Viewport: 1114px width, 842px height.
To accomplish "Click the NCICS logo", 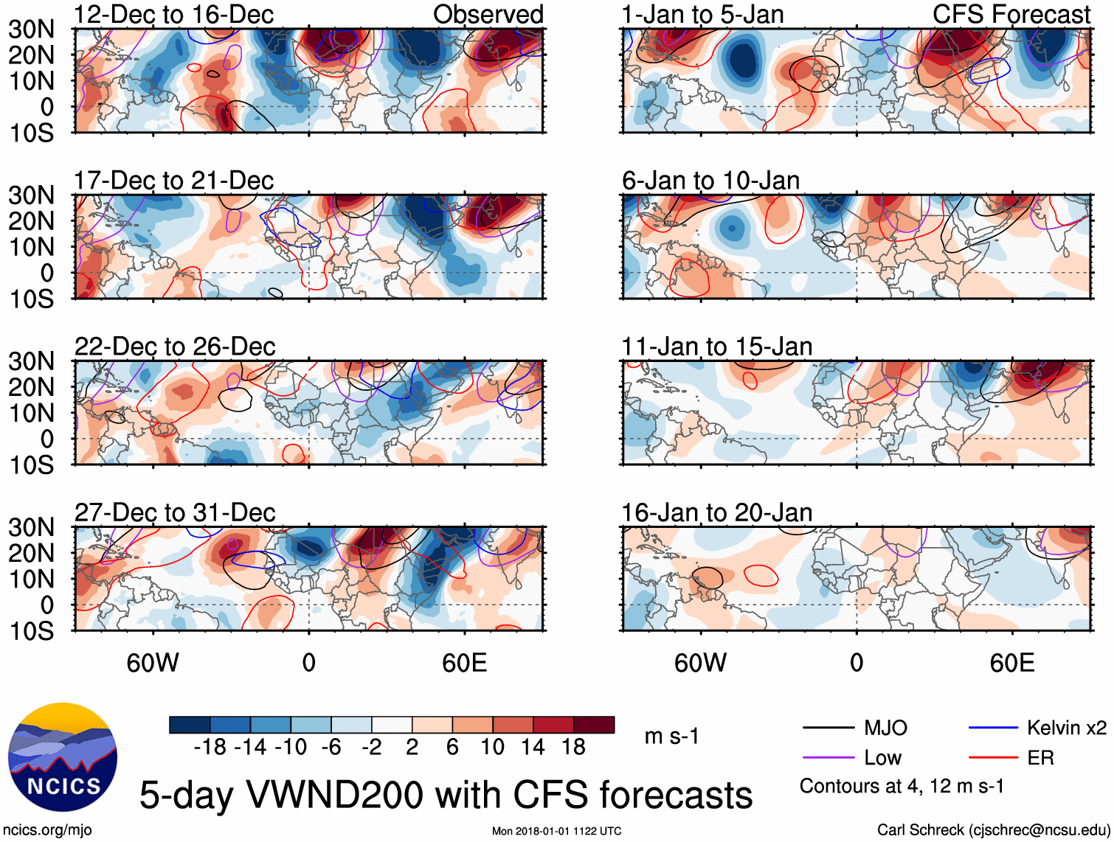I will (63, 757).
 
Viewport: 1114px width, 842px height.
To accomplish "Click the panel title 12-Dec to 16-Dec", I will (173, 15).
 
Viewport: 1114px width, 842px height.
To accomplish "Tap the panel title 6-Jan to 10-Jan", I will (710, 181).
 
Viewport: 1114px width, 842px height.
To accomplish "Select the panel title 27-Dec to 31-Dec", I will (175, 512).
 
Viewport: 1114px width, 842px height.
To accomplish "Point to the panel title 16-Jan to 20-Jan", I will (716, 512).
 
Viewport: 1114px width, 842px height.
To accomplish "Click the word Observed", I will (488, 15).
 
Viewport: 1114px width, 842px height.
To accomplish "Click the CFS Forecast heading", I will (1011, 15).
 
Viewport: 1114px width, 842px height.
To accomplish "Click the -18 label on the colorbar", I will (210, 748).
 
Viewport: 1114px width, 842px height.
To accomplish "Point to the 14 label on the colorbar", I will (533, 748).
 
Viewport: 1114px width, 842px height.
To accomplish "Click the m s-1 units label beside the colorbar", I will (671, 737).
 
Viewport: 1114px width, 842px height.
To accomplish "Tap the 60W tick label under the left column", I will (153, 663).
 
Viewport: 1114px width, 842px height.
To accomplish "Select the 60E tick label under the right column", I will (1011, 663).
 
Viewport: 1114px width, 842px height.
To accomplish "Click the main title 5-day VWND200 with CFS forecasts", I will (446, 795).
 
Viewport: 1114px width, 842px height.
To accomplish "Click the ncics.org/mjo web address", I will (47, 830).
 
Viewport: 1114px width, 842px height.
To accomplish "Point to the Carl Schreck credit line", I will (993, 830).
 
